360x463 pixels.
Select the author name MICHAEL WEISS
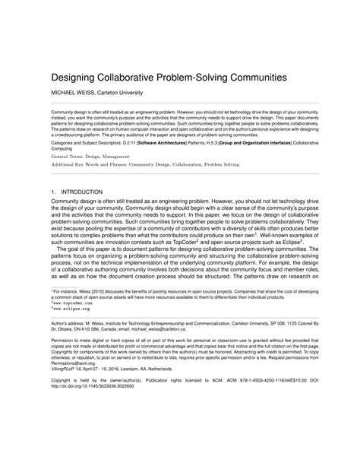[x=78, y=94]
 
